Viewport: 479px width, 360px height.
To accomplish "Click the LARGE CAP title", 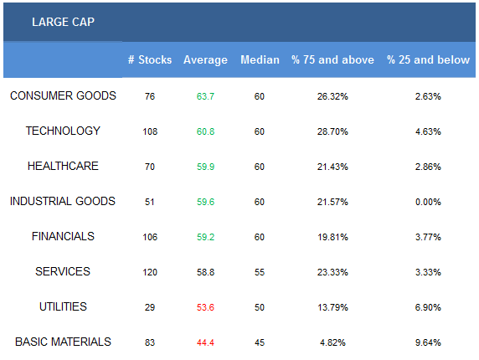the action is tap(63, 22).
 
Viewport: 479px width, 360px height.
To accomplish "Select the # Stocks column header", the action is tap(150, 59).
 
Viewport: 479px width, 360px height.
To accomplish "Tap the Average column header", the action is tap(205, 59).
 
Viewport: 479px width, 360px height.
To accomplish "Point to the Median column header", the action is tap(260, 59).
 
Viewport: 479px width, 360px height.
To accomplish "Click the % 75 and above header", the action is tap(332, 59).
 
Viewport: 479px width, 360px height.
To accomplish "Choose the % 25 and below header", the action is tap(428, 59).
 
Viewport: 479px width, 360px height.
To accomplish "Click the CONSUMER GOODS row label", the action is tap(63, 96).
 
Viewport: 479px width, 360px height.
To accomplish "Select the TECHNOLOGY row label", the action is tap(63, 131).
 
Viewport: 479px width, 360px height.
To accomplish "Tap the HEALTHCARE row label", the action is tap(63, 166).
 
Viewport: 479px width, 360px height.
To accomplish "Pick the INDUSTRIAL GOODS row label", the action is tap(63, 201).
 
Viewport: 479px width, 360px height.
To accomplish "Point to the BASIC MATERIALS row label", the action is tap(63, 342).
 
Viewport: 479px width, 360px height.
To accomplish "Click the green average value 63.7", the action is tap(205, 96).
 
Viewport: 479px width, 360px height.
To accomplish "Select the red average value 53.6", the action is tap(205, 307).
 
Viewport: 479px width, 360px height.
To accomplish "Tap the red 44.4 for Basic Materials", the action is tap(205, 342).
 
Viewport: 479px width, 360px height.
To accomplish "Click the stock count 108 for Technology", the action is tap(150, 131).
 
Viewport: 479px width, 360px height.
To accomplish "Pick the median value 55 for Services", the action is tap(260, 272).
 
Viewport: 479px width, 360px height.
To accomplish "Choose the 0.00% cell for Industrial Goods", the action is tap(428, 202).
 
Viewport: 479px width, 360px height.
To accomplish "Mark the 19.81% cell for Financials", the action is tap(332, 237).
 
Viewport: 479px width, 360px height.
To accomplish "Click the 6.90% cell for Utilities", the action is tap(428, 307).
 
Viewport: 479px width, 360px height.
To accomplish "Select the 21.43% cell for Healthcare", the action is tap(332, 167).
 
